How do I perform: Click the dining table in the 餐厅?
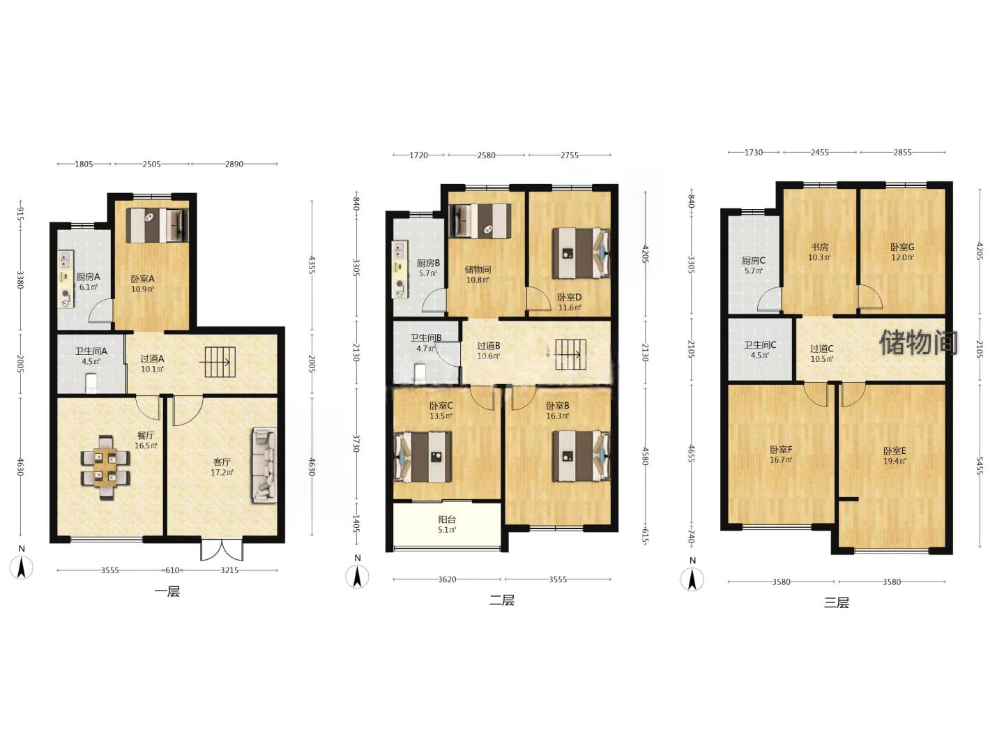coord(105,467)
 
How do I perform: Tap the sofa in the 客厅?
coord(264,466)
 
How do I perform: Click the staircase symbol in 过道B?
coord(570,354)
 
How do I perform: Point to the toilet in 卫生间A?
coord(91,383)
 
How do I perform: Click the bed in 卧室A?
coord(157,225)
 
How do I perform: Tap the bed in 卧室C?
coord(423,457)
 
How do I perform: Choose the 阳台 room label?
coord(447,519)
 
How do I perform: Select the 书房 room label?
coord(819,247)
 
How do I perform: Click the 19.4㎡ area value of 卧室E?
coord(895,461)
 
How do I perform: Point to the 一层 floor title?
coord(167,592)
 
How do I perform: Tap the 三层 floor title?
coord(837,602)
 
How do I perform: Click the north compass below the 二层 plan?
coord(357,576)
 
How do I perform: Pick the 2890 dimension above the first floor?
coord(234,164)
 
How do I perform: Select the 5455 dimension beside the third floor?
coord(980,466)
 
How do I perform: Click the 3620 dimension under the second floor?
coord(447,579)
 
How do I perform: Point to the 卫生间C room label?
coord(760,344)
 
